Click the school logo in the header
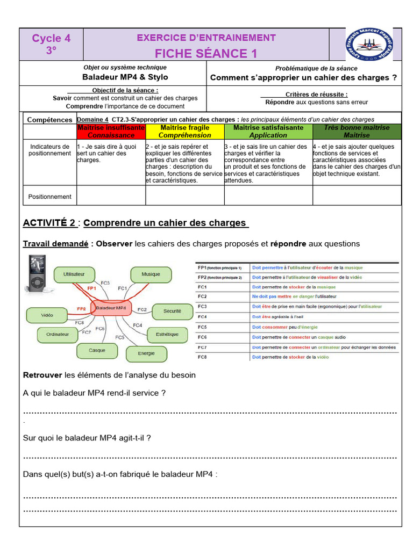[x=370, y=45]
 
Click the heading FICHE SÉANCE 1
[x=206, y=54]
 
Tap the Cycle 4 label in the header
[x=51, y=38]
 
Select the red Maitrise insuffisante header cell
[x=111, y=132]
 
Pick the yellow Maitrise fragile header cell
[x=185, y=132]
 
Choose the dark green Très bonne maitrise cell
[x=357, y=132]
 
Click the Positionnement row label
[x=50, y=197]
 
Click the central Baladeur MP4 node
[x=111, y=308]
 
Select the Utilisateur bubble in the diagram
[x=74, y=274]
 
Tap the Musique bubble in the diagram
[x=151, y=274]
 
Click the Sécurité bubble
[x=172, y=311]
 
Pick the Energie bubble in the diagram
[x=146, y=353]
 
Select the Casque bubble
[x=97, y=350]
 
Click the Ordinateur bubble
[x=58, y=334]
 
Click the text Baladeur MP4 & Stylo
[x=118, y=77]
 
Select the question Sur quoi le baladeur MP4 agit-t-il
[x=87, y=438]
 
